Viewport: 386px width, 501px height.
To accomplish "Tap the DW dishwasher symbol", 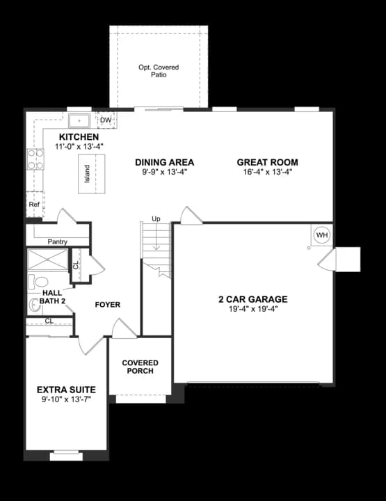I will click(106, 120).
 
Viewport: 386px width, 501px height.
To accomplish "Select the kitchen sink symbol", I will click(79, 120).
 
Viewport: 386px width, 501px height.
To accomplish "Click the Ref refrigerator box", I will click(34, 205).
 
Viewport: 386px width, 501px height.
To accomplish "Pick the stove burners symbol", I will click(35, 159).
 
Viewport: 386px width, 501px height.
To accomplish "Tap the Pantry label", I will click(58, 242).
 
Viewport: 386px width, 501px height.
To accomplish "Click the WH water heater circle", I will click(321, 235).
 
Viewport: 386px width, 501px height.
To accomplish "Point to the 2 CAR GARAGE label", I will click(252, 299).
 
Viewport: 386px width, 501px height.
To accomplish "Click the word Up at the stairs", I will click(156, 219).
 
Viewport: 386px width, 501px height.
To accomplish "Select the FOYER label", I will click(107, 305).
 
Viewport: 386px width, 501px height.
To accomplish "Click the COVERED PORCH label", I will click(140, 367).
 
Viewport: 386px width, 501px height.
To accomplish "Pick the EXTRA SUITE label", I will click(66, 389).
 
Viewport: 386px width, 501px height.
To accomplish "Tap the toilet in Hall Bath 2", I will click(39, 283).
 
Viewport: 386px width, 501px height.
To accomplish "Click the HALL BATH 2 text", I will click(54, 297).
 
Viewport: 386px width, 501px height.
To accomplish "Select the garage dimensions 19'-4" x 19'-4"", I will click(252, 309).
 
